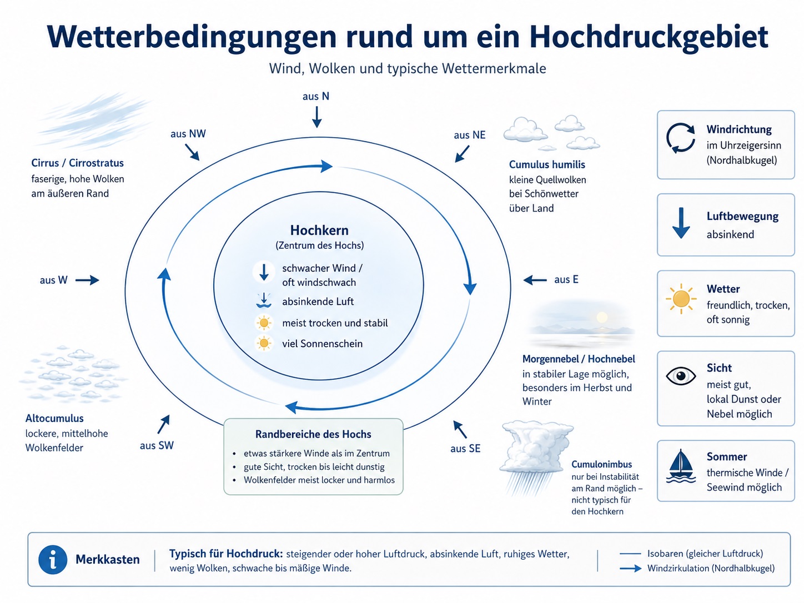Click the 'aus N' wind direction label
(x=316, y=96)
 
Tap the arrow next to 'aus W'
(x=87, y=280)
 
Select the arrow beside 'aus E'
(x=535, y=280)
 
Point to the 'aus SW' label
(x=157, y=445)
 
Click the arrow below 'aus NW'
(x=192, y=152)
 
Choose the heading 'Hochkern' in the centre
(x=319, y=230)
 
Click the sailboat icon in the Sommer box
(x=681, y=466)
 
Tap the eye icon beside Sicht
(x=681, y=376)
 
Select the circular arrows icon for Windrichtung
(x=681, y=138)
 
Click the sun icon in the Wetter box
(x=681, y=299)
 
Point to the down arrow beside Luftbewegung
(x=681, y=223)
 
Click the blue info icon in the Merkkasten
(x=53, y=560)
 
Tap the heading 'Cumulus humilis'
(x=547, y=165)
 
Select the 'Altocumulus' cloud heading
(x=54, y=418)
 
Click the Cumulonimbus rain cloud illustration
(x=536, y=458)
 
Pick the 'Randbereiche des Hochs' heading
(x=313, y=434)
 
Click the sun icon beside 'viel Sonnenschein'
(x=264, y=343)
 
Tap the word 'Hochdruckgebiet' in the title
(x=649, y=37)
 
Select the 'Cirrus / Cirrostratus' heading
(x=77, y=163)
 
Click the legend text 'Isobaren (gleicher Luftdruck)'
(x=705, y=554)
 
